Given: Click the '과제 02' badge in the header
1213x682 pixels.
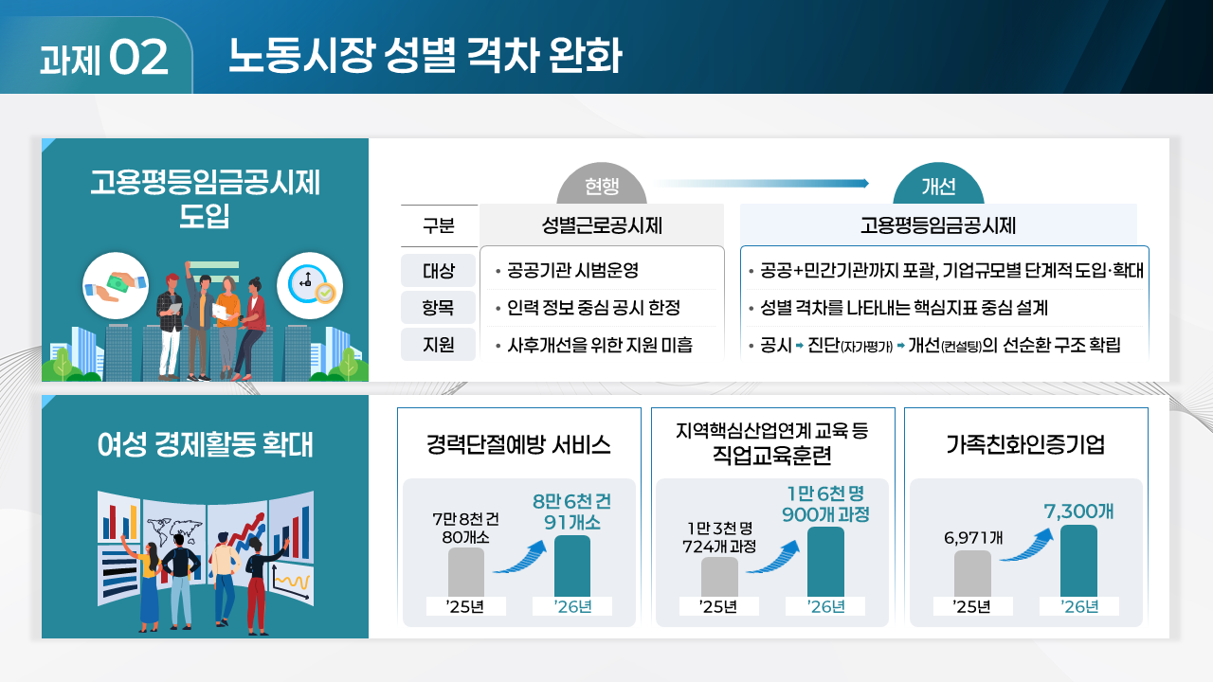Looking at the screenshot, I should coord(104,58).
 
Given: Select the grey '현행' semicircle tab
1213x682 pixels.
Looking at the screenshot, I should coord(602,186).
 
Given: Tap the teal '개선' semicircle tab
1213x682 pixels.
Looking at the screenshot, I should coord(937,186).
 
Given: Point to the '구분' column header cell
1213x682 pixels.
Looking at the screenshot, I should coord(439,226).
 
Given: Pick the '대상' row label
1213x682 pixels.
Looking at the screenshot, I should coord(439,271).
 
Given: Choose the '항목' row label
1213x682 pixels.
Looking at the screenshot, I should coord(439,308).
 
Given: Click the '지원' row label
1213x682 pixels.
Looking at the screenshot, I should coord(439,345).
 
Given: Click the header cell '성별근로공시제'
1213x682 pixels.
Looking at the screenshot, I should coord(602,226).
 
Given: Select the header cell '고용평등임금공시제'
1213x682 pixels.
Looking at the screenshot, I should coord(938,226).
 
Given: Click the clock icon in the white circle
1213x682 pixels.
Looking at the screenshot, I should coord(309,285).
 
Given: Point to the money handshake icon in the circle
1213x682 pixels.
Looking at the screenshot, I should coord(116,285).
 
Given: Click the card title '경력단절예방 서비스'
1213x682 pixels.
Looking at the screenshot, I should coord(518,445).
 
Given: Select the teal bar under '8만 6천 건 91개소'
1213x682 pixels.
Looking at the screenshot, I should coord(571,566).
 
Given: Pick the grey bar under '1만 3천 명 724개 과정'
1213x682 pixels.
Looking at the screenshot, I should coord(719,577).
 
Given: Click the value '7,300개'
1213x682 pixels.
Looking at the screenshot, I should coord(1078,511).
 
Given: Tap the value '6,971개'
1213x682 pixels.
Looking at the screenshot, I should coord(973,538).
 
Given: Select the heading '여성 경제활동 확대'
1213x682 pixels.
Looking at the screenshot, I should coord(205,445).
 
